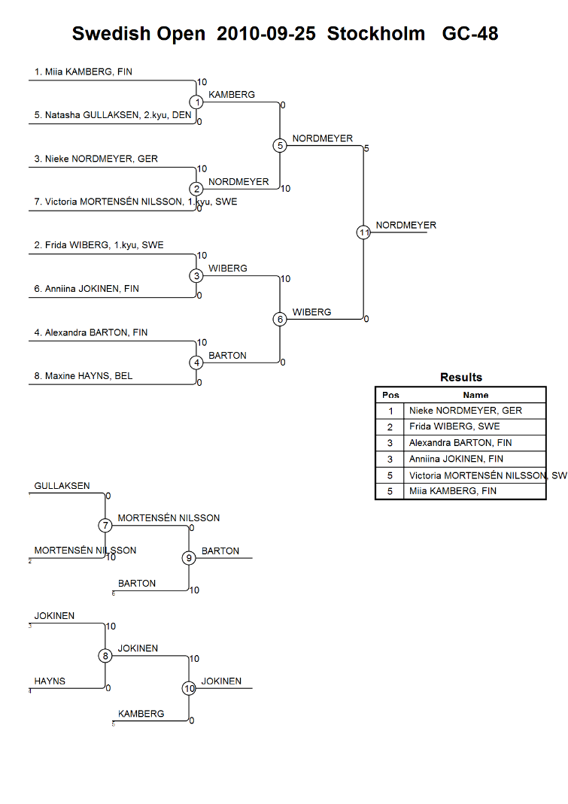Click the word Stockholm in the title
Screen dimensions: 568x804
coord(376,34)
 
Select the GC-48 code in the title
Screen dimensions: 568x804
coord(470,34)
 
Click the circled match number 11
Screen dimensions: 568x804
coord(363,232)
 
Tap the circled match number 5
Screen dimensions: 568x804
coord(280,146)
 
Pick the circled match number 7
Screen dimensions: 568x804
coord(105,526)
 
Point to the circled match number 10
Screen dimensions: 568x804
coord(189,688)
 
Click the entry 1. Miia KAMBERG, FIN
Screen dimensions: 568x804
coord(83,71)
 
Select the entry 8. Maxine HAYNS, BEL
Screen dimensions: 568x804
coord(83,376)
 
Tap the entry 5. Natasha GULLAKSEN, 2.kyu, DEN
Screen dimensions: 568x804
coord(113,115)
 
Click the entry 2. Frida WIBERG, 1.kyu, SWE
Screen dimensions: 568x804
coord(99,245)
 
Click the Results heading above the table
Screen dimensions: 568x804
coord(461,378)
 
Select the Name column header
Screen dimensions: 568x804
coord(475,395)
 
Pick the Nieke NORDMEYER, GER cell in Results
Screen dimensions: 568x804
coord(466,411)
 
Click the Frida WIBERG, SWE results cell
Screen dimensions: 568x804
coord(454,426)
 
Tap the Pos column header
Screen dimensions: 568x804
coord(390,395)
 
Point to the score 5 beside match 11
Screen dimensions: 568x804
coord(366,149)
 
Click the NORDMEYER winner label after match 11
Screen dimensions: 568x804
coord(405,225)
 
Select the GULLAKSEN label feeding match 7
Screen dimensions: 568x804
coord(62,486)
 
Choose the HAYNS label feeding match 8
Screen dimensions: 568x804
coord(50,681)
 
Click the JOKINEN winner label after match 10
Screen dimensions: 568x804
coord(221,681)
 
